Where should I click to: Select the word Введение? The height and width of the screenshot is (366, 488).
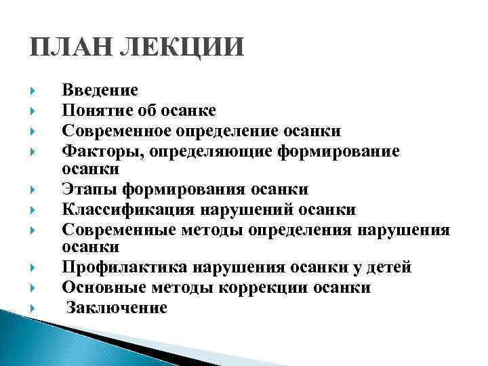(x=100, y=90)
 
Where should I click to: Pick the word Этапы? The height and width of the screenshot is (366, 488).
(x=83, y=190)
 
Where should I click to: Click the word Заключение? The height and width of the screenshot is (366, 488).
(x=117, y=308)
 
